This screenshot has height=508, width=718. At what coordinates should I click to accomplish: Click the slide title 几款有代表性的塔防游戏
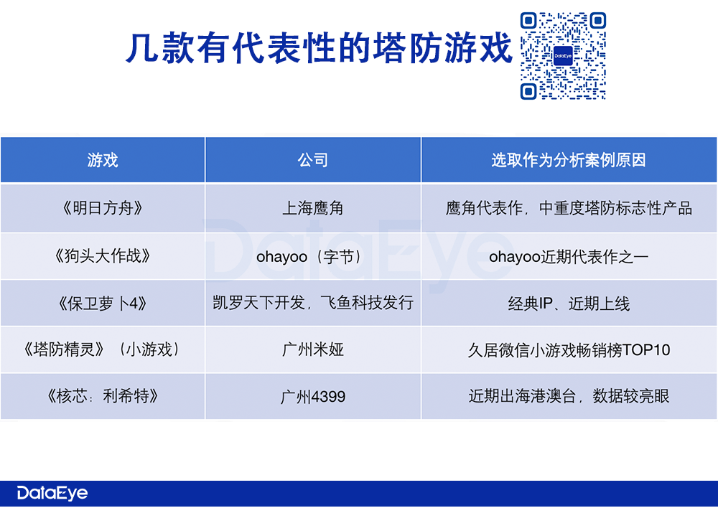319,48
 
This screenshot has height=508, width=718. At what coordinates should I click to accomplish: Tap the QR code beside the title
563,56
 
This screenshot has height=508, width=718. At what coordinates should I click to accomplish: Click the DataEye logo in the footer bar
52,493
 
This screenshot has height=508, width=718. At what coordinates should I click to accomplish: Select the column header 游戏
103,160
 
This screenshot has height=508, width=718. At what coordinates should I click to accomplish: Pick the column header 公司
313,160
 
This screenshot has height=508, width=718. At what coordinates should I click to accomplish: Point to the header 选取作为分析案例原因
568,160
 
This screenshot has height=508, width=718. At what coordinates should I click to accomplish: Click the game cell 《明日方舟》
103,208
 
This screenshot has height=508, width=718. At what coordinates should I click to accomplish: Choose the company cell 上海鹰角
313,208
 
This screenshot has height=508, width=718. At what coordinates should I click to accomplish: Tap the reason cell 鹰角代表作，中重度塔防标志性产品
568,208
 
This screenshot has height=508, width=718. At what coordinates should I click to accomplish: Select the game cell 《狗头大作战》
103,256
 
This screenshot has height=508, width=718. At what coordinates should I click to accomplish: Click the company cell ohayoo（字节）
313,257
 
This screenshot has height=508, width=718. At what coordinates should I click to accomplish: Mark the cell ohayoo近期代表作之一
568,257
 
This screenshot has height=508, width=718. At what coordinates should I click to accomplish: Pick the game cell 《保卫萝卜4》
103,304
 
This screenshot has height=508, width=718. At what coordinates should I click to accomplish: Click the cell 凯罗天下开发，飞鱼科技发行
313,303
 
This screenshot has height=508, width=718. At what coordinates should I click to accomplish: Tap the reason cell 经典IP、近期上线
568,304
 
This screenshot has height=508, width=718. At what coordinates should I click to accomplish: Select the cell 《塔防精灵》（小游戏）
103,349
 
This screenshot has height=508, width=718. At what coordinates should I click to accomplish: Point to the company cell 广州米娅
313,349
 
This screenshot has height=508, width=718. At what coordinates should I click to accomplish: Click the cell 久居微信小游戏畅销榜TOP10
568,350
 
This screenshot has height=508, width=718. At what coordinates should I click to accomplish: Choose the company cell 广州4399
313,396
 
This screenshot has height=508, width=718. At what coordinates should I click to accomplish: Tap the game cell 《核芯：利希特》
103,396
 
